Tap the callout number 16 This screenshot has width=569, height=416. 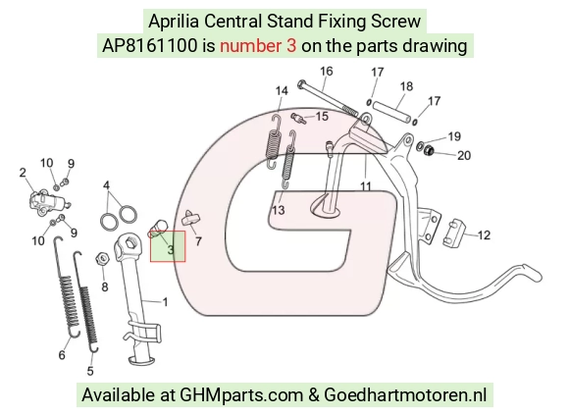pyautogui.click(x=327, y=72)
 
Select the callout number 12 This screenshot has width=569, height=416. pyautogui.click(x=484, y=235)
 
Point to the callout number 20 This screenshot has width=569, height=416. pyautogui.click(x=464, y=155)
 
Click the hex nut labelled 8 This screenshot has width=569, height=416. pyautogui.click(x=103, y=259)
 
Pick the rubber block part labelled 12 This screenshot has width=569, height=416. pyautogui.click(x=454, y=233)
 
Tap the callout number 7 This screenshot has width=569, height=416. pyautogui.click(x=198, y=241)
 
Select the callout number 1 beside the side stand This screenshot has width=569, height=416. pyautogui.click(x=165, y=302)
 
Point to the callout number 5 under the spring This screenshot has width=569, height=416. pyautogui.click(x=90, y=371)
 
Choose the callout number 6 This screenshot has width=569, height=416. pyautogui.click(x=62, y=354)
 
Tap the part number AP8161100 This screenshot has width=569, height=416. pyautogui.click(x=149, y=46)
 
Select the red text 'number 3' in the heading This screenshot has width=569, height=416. pyautogui.click(x=258, y=46)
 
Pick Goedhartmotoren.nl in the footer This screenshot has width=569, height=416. pyautogui.click(x=405, y=394)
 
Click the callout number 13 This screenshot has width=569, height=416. pyautogui.click(x=279, y=210)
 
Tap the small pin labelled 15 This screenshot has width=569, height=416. pyautogui.click(x=298, y=118)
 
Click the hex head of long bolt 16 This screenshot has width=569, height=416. pyautogui.click(x=301, y=85)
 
